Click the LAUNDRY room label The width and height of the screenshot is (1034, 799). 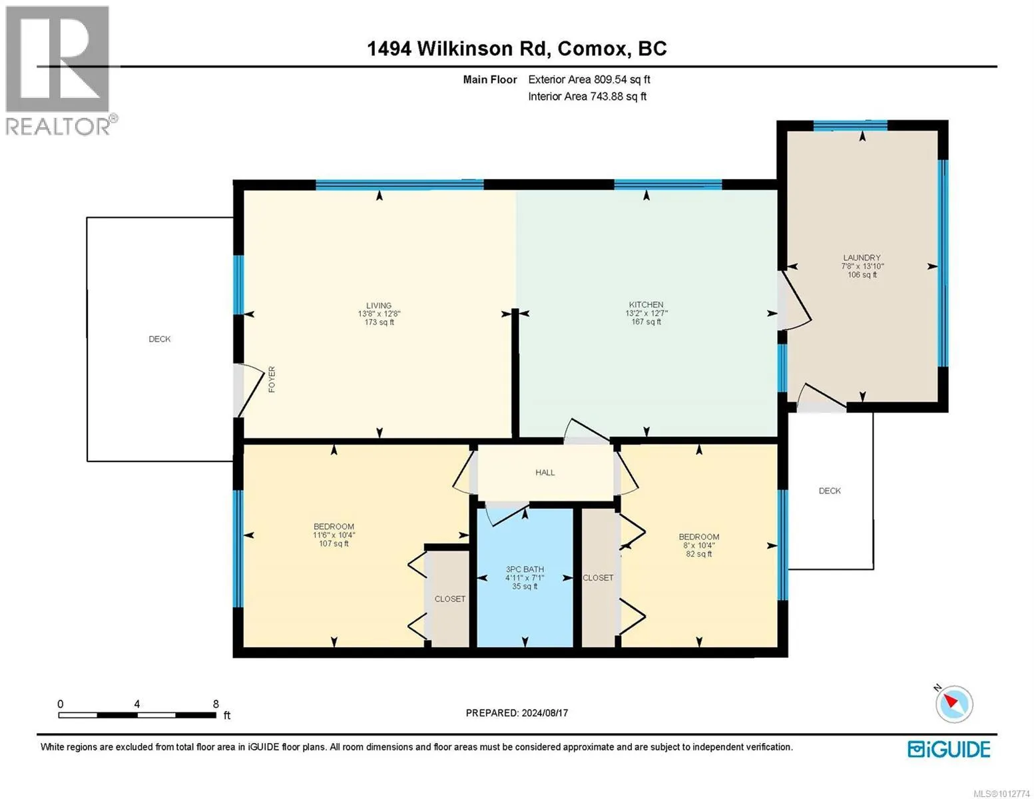pos(862,258)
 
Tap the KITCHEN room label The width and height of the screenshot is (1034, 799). pos(646,304)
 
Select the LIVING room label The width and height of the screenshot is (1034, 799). pos(379,306)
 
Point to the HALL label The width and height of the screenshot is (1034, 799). pos(545,473)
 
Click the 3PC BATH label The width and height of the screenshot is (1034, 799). pos(525,569)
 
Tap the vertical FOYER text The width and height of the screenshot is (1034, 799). pos(272,380)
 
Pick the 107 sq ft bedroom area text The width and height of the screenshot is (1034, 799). pos(334,543)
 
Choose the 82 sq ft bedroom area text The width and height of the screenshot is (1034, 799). pos(698,554)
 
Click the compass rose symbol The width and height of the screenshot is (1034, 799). pos(953,703)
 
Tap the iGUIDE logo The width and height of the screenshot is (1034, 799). pos(948,749)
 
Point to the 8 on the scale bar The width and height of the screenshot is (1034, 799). pos(216,704)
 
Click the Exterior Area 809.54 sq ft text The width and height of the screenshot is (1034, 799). pos(589,79)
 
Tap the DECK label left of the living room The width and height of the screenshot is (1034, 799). pos(159,339)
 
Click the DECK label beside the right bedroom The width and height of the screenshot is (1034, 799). pos(830,491)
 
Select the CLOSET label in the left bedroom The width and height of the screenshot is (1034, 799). pos(449,599)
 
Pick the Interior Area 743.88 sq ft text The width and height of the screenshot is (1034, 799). pos(587,97)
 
